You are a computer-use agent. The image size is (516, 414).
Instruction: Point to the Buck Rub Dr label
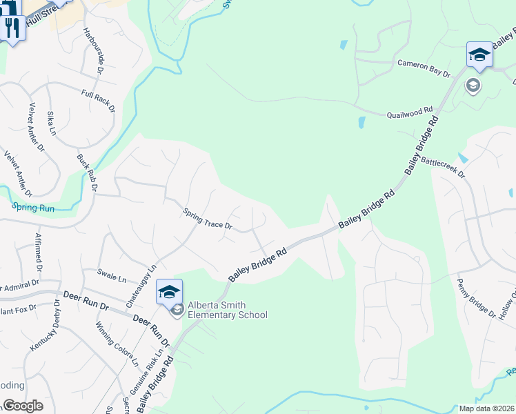tap(88, 172)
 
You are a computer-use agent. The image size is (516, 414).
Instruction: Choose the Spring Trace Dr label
tap(208, 219)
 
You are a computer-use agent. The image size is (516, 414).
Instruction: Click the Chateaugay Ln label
tap(142, 286)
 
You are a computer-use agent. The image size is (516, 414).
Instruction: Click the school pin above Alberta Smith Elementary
tap(169, 292)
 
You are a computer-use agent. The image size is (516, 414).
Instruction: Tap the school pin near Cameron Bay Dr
tap(479, 55)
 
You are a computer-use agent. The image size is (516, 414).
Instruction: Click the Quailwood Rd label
tap(409, 112)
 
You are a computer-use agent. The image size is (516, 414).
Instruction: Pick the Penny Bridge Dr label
tap(477, 298)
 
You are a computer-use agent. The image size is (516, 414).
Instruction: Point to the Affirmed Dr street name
tap(38, 251)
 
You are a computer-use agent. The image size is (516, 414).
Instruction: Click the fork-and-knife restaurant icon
tap(12, 28)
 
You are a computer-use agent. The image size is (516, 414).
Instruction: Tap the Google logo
tap(23, 406)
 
